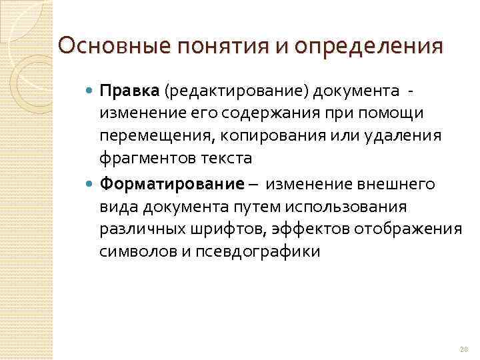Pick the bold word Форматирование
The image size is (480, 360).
click(x=171, y=184)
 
